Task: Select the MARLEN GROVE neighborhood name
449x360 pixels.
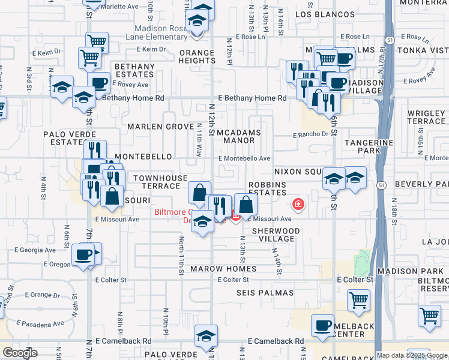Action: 160,127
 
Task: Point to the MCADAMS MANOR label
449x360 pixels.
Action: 238,136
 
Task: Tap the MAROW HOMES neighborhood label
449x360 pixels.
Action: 223,269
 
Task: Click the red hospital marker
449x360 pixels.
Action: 298,205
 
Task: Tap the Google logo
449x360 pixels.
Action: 20,353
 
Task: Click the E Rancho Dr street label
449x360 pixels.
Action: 311,134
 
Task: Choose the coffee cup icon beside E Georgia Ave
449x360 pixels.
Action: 83,254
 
